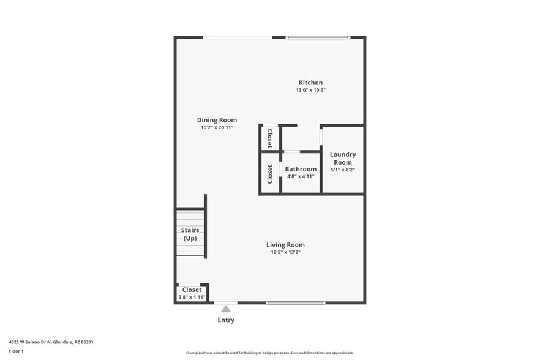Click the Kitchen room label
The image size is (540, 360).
310,83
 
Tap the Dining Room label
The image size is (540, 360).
217,120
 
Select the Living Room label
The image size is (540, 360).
285,245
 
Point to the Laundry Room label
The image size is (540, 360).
342,158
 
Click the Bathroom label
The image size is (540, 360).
301,169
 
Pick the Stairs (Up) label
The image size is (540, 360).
190,234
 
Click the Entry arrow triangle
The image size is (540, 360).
226,309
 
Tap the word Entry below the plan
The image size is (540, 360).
226,320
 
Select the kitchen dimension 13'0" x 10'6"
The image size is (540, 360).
310,91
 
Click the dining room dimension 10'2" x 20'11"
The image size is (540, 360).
217,127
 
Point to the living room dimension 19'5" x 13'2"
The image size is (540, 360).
285,252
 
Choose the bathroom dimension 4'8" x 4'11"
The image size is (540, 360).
301,176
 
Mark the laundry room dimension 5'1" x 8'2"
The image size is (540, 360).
342,170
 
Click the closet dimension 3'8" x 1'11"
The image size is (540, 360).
192,297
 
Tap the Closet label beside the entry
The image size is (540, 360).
192,290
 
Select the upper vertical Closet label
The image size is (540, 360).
270,138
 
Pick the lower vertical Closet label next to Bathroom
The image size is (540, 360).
270,174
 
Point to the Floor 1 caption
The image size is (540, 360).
16,351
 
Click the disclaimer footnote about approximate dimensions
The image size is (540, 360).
269,353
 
